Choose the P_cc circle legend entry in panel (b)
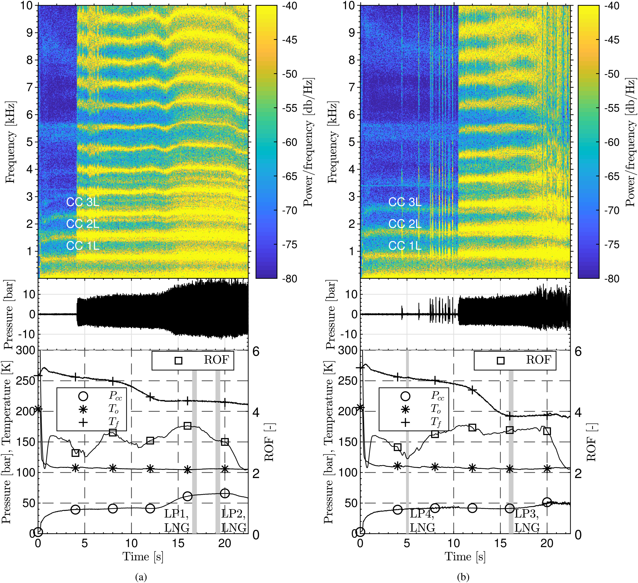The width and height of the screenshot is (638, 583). click(x=405, y=396)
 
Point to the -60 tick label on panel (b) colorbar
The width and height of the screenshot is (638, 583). click(x=612, y=142)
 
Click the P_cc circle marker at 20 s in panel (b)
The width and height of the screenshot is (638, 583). click(x=547, y=502)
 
